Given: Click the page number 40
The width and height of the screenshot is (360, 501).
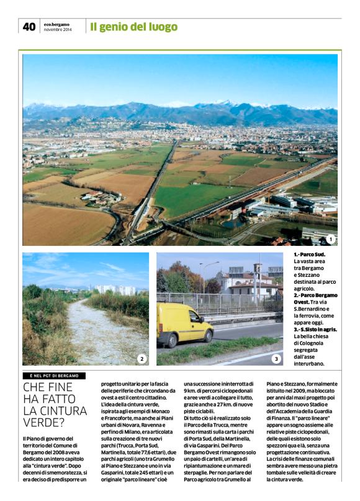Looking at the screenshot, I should (29, 26).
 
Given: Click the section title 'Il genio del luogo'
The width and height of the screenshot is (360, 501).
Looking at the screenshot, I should (133, 27).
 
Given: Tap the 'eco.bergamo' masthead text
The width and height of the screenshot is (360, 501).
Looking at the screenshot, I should (56, 24).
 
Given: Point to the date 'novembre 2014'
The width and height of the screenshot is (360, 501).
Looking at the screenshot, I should (58, 29).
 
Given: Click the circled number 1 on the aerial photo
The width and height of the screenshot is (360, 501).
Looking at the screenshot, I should (330, 239).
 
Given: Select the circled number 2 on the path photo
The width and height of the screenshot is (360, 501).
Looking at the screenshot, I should (141, 358).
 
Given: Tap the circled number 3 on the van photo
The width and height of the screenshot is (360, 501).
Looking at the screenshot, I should (276, 358).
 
